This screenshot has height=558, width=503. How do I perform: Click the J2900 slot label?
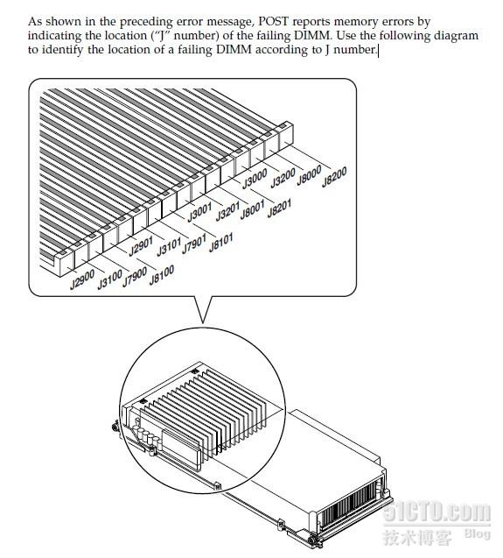82,279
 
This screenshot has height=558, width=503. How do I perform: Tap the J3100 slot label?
109,279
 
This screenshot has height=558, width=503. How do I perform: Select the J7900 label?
135,278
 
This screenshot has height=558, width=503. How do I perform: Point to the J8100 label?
162,275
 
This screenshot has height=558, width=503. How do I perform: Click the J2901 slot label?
141,246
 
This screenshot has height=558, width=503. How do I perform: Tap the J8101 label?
221,243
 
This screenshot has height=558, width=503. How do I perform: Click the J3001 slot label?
199,212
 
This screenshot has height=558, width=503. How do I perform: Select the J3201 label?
227,211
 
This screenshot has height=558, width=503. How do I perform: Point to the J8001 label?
253,209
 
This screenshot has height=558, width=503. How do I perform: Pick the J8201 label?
279,208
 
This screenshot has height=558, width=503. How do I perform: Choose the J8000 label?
310,175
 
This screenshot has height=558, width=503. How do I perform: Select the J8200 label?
334,177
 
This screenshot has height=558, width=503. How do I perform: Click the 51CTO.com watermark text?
437,512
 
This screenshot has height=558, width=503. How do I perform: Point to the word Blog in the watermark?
478,533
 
